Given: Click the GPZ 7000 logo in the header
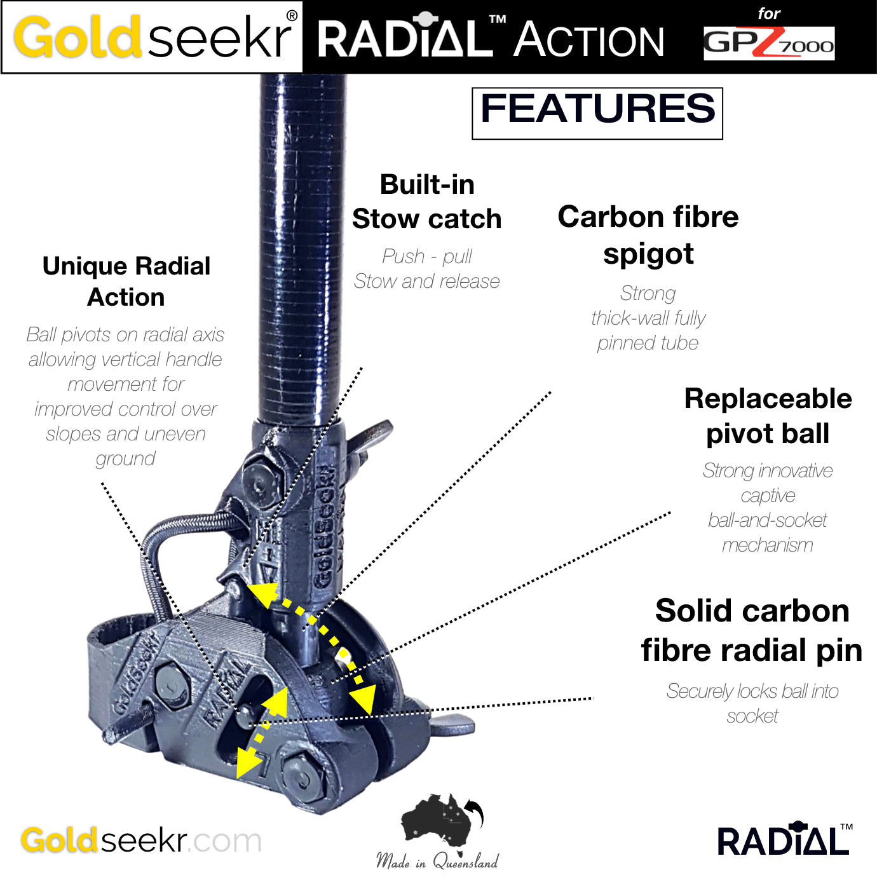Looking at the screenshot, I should pyautogui.click(x=768, y=43).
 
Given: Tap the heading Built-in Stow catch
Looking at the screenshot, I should pyautogui.click(x=427, y=201).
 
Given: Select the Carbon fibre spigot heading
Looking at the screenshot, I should pyautogui.click(x=648, y=235).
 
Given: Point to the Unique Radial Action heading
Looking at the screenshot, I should pyautogui.click(x=126, y=282).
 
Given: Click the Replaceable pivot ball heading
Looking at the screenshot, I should pyautogui.click(x=768, y=416).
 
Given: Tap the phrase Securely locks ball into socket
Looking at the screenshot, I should pyautogui.click(x=752, y=703).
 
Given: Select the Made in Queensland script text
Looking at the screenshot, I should pyautogui.click(x=437, y=862).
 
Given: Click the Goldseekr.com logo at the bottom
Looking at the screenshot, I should pyautogui.click(x=141, y=840).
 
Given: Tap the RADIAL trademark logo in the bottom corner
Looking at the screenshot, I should pyautogui.click(x=784, y=840).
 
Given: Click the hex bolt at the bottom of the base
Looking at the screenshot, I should pyautogui.click(x=300, y=773).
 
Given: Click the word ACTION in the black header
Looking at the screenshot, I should pyautogui.click(x=589, y=41).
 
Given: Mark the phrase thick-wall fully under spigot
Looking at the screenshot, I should pyautogui.click(x=648, y=318).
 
